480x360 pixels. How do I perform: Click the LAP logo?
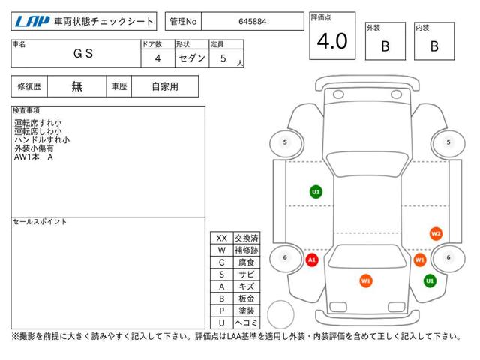tap(32, 22)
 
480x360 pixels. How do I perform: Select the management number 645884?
tap(252, 22)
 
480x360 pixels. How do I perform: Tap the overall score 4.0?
tap(332, 41)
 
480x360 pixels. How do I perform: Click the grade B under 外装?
tap(385, 46)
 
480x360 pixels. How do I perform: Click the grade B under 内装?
tap(434, 46)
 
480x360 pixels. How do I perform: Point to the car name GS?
tap(83, 53)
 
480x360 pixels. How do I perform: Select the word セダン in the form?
tap(192, 58)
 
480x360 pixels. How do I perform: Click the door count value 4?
tap(157, 58)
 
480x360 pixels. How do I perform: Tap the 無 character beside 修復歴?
tap(76, 87)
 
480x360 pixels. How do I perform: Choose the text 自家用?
tap(165, 87)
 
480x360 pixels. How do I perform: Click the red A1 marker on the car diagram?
tap(312, 260)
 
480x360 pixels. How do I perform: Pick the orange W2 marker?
tap(436, 234)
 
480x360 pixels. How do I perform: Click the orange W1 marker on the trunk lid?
tap(366, 280)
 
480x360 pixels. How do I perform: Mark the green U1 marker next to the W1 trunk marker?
tap(430, 280)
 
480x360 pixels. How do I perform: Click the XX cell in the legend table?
tap(222, 238)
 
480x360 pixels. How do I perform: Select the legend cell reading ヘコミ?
tap(247, 322)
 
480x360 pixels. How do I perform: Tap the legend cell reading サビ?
tap(247, 274)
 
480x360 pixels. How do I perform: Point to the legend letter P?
tap(222, 310)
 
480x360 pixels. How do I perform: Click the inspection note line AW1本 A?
tap(34, 157)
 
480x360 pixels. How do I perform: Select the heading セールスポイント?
tap(40, 222)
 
